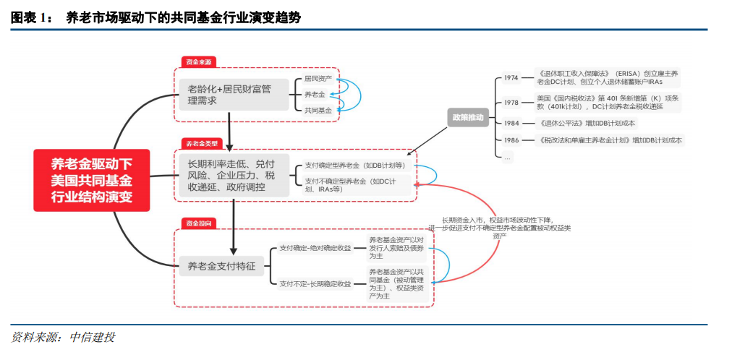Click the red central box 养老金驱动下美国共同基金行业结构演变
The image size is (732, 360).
(x=91, y=180)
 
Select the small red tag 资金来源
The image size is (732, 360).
(x=198, y=62)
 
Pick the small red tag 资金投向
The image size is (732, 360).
(x=198, y=223)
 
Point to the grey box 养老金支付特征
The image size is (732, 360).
(x=219, y=266)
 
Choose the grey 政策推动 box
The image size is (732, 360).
(x=469, y=116)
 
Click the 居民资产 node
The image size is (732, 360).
(x=318, y=78)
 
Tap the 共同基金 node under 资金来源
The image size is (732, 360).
(x=318, y=111)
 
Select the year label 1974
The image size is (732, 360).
(x=511, y=78)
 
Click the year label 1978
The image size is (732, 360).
(x=511, y=102)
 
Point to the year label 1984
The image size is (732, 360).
(x=511, y=123)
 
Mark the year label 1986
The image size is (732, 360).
(x=511, y=140)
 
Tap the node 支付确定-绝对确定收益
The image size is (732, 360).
(x=315, y=248)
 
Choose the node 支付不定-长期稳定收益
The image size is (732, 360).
(x=315, y=284)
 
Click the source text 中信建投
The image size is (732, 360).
(x=92, y=338)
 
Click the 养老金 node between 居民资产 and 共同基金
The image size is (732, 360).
(x=315, y=95)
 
